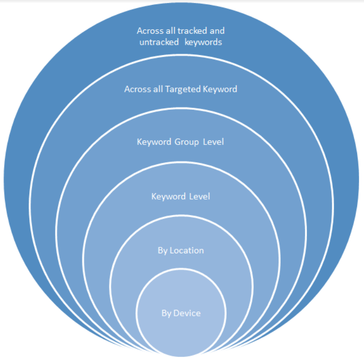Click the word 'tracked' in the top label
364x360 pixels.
click(x=192, y=31)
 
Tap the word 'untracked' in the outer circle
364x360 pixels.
click(x=159, y=42)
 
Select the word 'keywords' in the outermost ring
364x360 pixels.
click(x=203, y=43)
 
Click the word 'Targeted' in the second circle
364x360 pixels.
click(x=182, y=89)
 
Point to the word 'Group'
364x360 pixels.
click(x=186, y=142)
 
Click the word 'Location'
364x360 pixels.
click(x=186, y=251)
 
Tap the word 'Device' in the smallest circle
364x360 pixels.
click(x=187, y=313)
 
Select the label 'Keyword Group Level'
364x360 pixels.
click(x=181, y=142)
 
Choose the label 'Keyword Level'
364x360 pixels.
click(x=181, y=197)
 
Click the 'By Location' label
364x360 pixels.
click(x=181, y=251)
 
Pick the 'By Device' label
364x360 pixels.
click(x=181, y=313)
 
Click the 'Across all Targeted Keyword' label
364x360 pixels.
click(x=181, y=89)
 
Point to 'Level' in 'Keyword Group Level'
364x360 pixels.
click(x=213, y=142)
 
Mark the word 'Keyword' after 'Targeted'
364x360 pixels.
click(x=220, y=89)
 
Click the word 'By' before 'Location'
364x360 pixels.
click(x=163, y=251)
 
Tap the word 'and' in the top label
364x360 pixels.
click(x=217, y=31)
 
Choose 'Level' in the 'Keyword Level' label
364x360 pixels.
click(x=200, y=196)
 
